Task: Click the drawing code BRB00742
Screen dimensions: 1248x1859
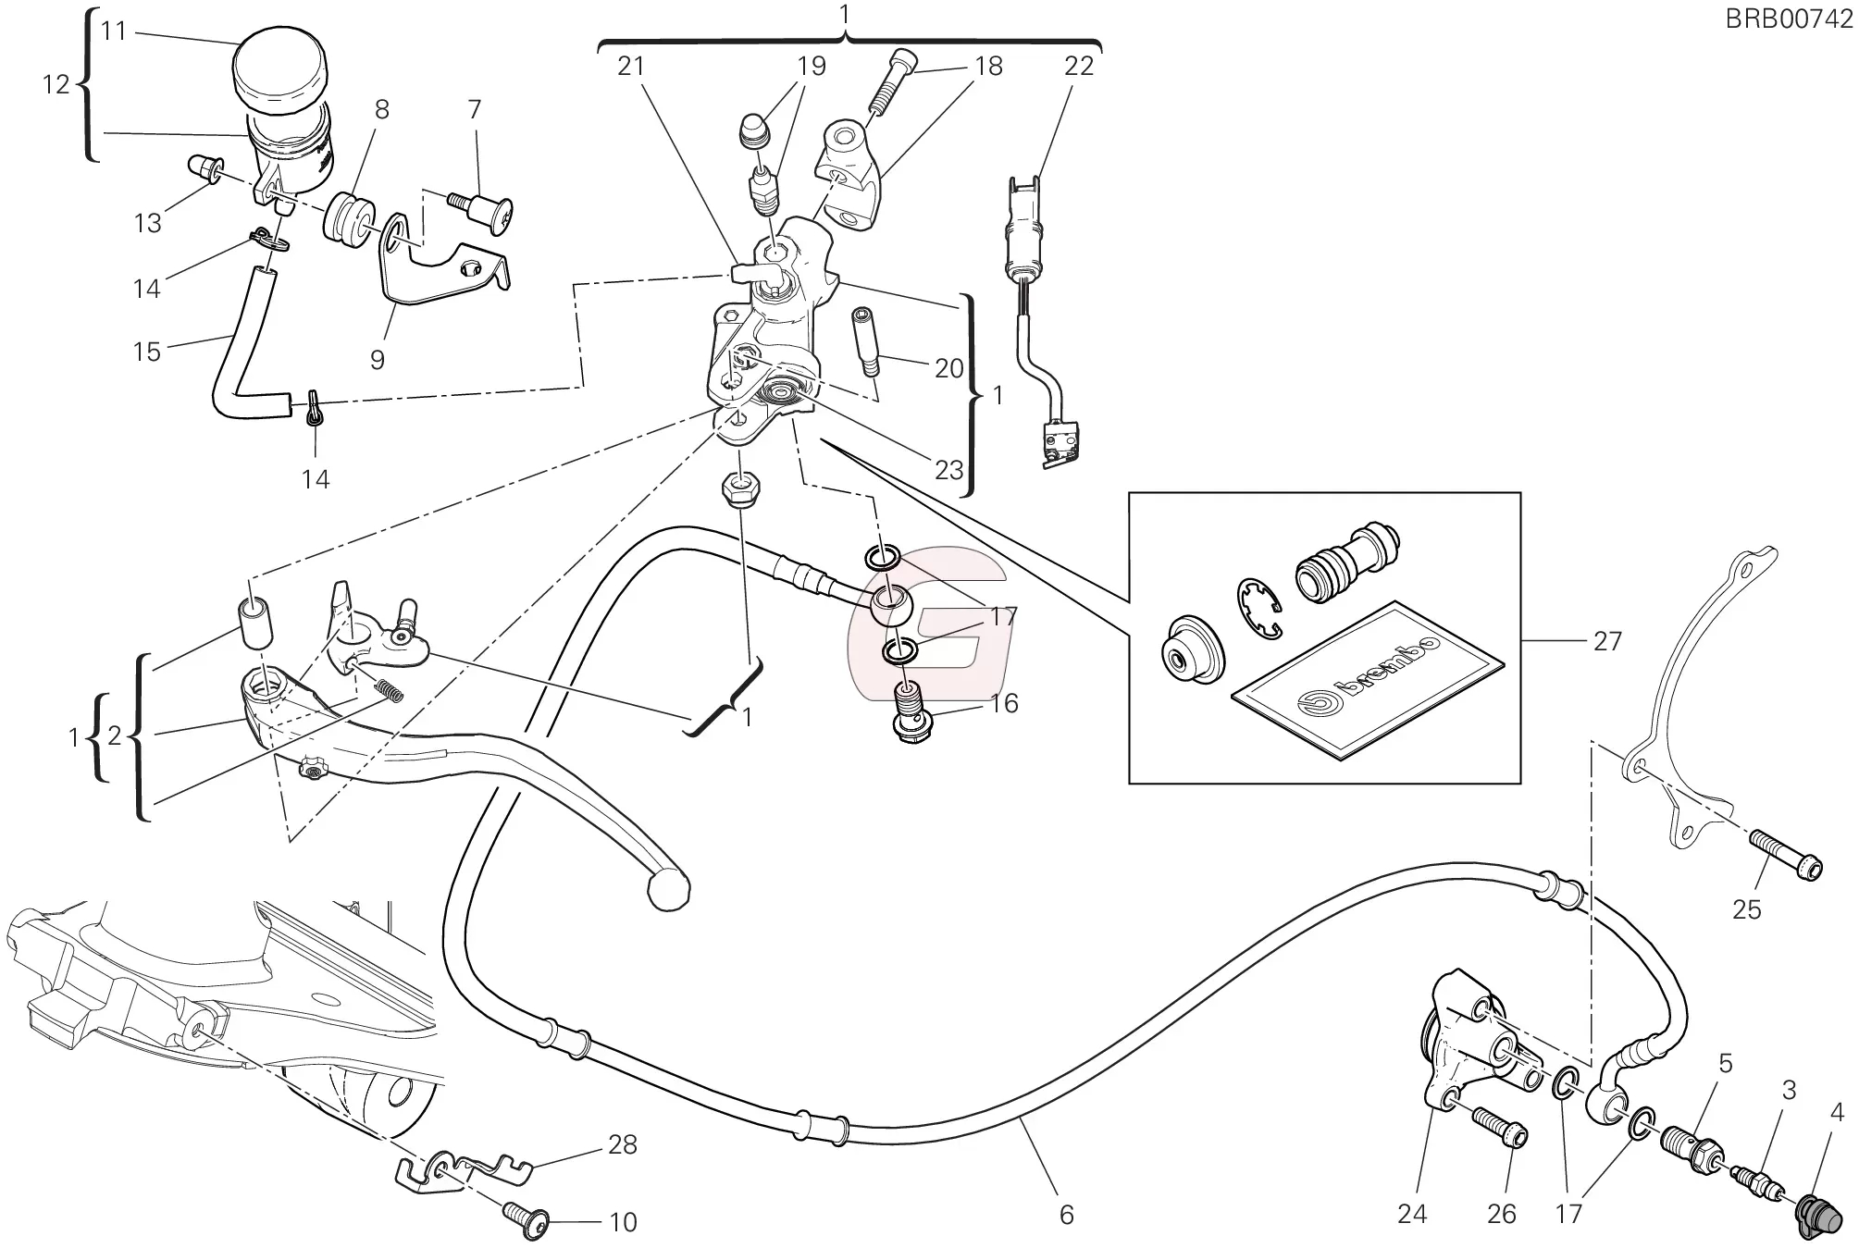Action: pyautogui.click(x=1789, y=19)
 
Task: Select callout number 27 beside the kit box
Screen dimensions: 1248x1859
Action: pyautogui.click(x=1607, y=641)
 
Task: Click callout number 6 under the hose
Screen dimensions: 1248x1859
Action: pyautogui.click(x=1066, y=1214)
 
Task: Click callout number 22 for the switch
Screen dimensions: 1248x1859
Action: pyautogui.click(x=1079, y=66)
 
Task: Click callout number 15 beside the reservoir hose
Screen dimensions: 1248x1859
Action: pyautogui.click(x=147, y=352)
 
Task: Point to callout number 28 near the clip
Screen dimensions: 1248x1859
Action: pyautogui.click(x=623, y=1144)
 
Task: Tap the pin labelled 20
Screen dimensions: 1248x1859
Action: pyautogui.click(x=866, y=341)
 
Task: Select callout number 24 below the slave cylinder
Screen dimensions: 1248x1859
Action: pyautogui.click(x=1412, y=1213)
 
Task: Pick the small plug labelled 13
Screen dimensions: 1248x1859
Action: pyautogui.click(x=202, y=169)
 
